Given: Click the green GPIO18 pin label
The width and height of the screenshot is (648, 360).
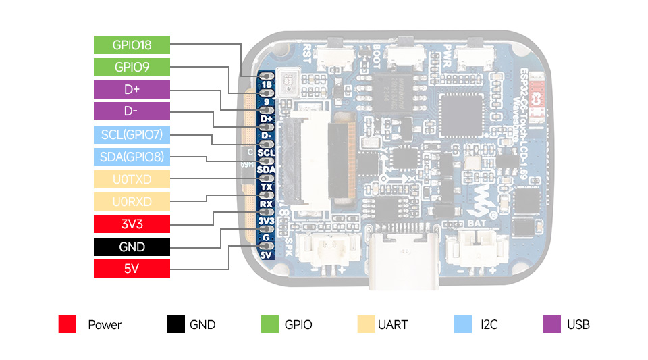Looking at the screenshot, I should tap(132, 45).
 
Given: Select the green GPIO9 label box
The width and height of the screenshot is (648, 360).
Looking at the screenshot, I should tap(132, 68).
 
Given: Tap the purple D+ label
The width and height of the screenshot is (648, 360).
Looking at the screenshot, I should tap(132, 90).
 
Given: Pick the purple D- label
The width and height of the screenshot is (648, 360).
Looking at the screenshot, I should tap(132, 112).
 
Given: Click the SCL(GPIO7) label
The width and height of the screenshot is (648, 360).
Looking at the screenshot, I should tap(132, 134).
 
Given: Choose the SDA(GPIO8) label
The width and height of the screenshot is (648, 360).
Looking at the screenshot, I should tap(132, 157).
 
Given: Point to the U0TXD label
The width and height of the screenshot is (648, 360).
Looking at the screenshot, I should tap(132, 180).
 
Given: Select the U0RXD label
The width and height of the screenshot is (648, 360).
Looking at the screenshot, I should tap(132, 201).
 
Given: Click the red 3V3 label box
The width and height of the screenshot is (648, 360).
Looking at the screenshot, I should tap(132, 224).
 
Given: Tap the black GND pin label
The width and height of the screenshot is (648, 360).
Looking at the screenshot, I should tap(132, 247).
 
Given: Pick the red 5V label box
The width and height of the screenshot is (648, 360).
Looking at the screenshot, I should tap(132, 268).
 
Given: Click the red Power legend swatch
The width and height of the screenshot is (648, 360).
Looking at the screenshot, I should tap(67, 324).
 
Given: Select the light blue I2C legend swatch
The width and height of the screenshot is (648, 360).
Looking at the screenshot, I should tap(462, 324).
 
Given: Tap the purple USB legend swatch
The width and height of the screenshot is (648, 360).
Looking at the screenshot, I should tap(552, 324).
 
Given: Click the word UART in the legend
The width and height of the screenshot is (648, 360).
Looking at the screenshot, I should tap(393, 325).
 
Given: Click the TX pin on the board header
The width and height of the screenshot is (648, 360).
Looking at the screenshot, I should tap(266, 187).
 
